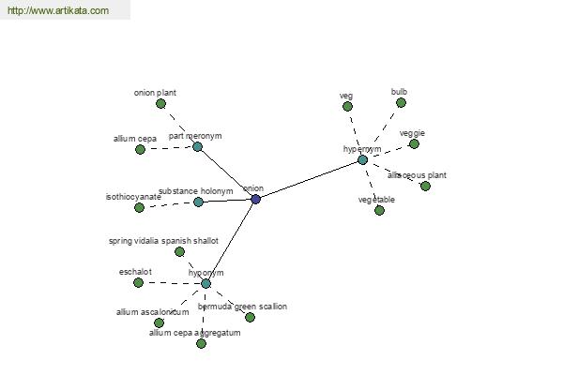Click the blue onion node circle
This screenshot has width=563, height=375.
(255, 199)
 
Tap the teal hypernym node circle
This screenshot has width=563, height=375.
(362, 160)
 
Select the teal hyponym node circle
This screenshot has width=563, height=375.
(205, 283)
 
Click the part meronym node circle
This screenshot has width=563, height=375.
(197, 146)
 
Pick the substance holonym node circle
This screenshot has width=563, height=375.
(198, 202)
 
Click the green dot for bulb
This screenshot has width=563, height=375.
(403, 103)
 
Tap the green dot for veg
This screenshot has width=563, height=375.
(347, 106)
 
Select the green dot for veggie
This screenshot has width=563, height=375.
(414, 143)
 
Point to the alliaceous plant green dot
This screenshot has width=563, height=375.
(425, 186)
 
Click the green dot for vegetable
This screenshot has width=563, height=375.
(379, 210)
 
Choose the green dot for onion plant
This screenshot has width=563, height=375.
(160, 104)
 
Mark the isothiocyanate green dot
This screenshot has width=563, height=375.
(139, 207)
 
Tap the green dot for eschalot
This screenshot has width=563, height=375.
(138, 282)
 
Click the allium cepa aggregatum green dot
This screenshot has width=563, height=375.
(201, 343)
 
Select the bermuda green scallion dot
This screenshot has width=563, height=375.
(250, 317)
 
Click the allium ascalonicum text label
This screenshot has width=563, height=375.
(152, 312)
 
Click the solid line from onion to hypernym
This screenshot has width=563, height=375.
(310, 179)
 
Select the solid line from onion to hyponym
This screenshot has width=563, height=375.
(231, 241)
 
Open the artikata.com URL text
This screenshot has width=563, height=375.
(57, 11)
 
